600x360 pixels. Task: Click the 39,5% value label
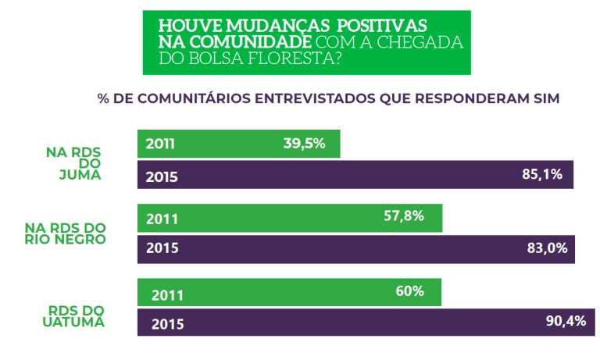click(x=304, y=143)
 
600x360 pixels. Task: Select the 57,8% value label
click(x=403, y=216)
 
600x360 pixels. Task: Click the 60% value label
click(x=409, y=291)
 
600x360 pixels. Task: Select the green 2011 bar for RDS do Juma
click(x=238, y=144)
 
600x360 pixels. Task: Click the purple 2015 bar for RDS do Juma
click(x=355, y=175)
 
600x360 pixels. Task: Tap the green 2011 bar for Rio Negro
click(x=289, y=217)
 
